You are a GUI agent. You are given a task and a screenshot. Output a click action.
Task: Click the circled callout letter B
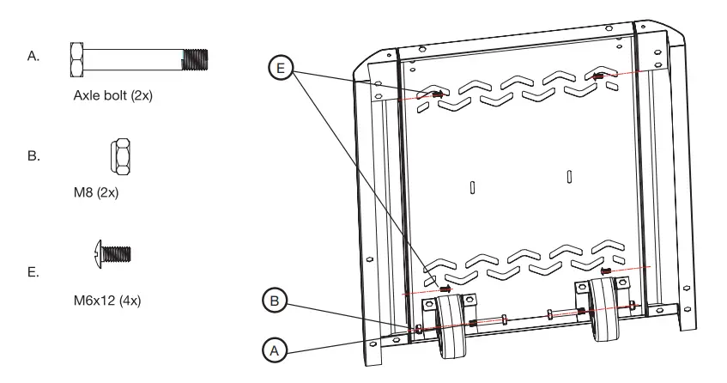[x=272, y=301]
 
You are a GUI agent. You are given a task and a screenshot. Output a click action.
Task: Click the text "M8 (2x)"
[x=96, y=192]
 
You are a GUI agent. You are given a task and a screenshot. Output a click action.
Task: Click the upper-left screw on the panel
[x=436, y=94]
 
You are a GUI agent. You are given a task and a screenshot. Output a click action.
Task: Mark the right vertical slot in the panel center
[x=569, y=176]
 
